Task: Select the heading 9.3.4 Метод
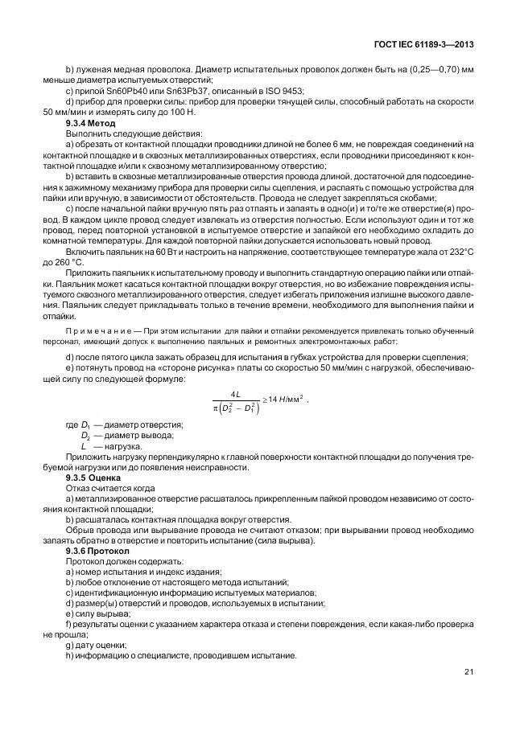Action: [90, 123]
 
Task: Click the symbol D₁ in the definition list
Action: [85, 424]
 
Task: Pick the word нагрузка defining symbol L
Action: [123, 445]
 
